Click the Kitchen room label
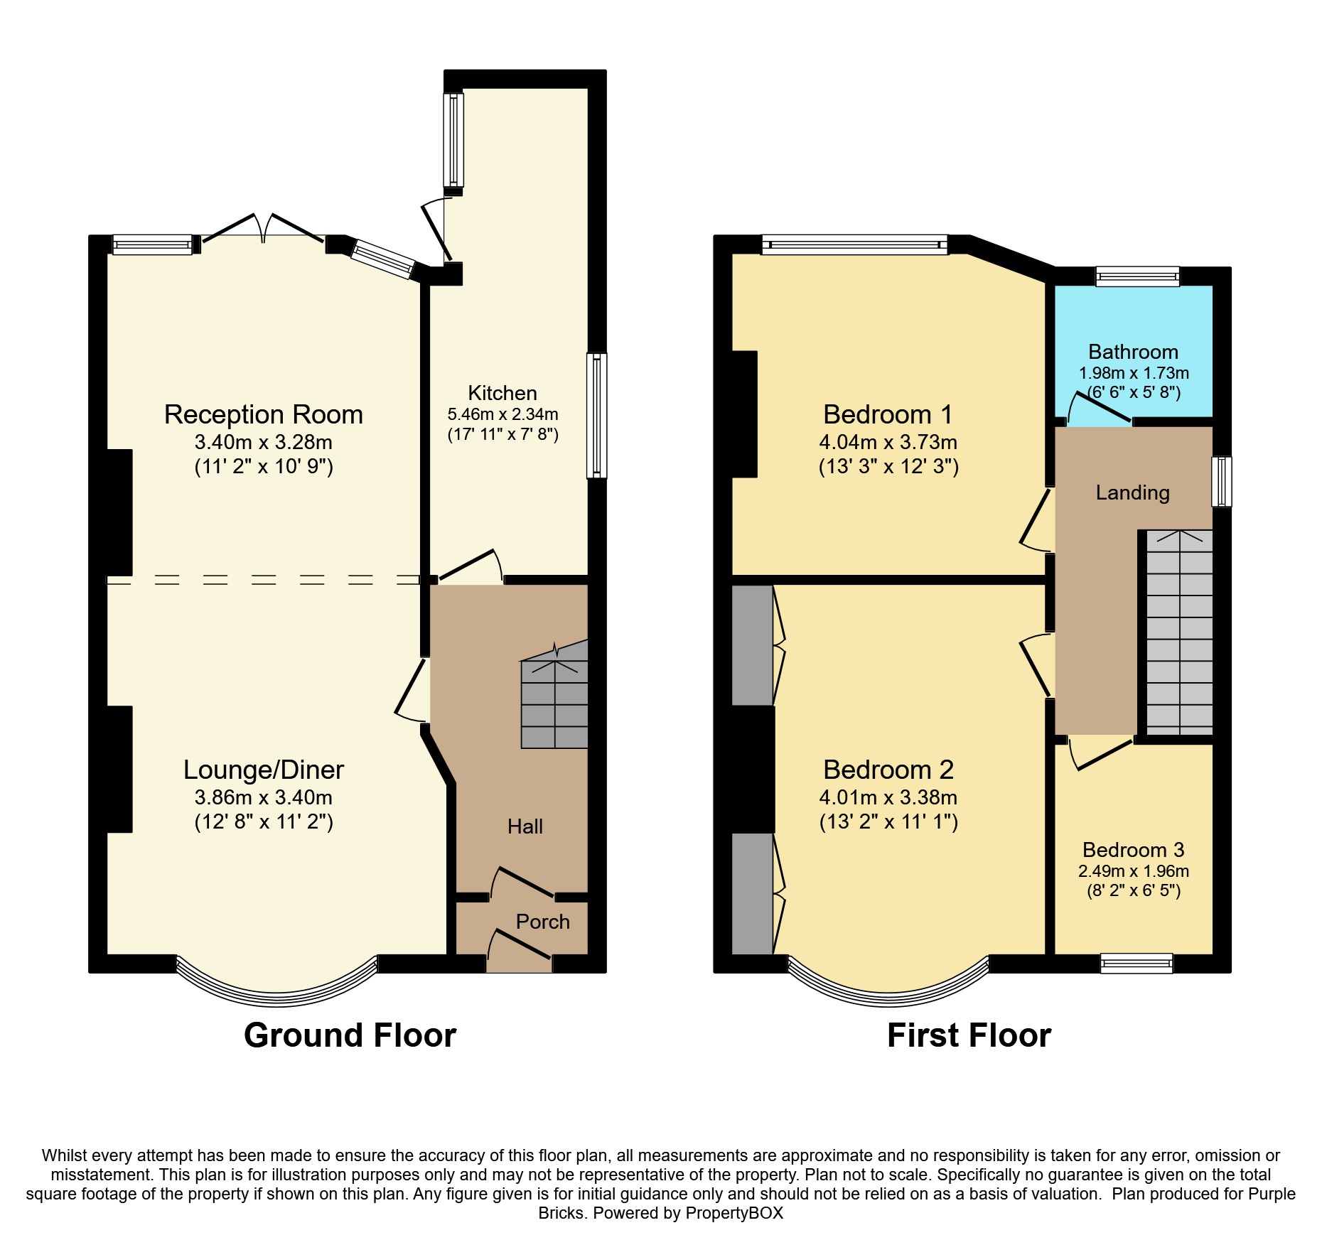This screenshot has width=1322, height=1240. [502, 393]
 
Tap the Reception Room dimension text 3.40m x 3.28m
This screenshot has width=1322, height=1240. [264, 442]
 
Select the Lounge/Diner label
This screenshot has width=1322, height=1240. [264, 770]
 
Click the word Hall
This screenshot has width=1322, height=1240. [525, 826]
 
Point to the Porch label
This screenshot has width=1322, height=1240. [543, 922]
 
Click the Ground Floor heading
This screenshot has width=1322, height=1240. [350, 1035]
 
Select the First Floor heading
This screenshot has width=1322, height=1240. [969, 1035]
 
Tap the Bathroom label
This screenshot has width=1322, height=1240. [1134, 352]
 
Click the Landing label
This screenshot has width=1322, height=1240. [1133, 492]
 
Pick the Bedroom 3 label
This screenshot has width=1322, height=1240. [1134, 850]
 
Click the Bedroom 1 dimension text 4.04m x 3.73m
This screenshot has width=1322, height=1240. [888, 442]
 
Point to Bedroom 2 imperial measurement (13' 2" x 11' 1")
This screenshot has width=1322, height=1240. [888, 822]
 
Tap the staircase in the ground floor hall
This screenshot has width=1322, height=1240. [554, 695]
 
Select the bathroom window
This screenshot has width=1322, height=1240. [1138, 276]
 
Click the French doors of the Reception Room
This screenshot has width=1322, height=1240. [264, 228]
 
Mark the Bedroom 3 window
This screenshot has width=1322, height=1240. [1136, 963]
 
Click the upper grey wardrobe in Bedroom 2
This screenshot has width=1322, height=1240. [753, 645]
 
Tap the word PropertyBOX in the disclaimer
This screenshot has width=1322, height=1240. [734, 1213]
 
